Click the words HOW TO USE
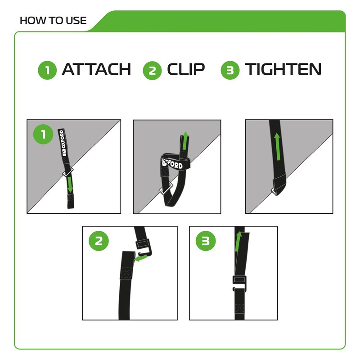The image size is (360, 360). click(53, 21)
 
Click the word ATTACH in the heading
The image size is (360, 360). click(96, 70)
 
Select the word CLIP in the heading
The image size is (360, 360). click(186, 70)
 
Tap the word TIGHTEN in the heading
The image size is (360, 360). click(283, 70)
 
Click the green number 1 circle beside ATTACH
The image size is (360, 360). click(47, 71)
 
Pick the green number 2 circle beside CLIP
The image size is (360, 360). click(152, 71)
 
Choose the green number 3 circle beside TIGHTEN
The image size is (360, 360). click(230, 71)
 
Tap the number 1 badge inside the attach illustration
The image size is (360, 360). click(44, 135)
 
